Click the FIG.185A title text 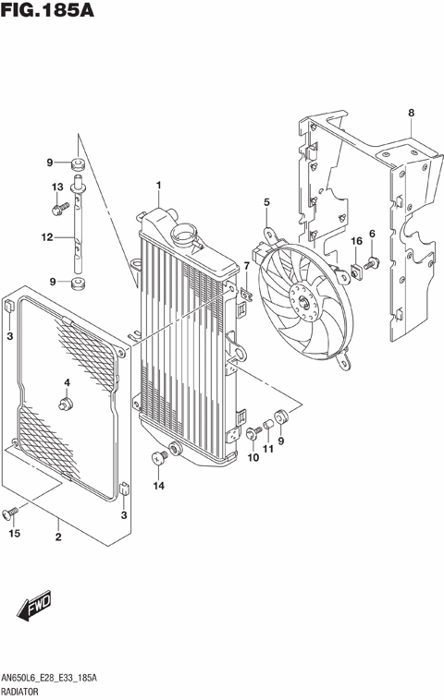(x=49, y=14)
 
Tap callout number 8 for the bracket (x=411, y=114)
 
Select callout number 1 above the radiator (x=158, y=186)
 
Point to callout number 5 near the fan (x=266, y=201)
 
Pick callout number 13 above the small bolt (x=57, y=187)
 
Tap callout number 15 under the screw (x=14, y=533)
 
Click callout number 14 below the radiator (x=158, y=485)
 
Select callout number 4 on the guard (x=67, y=382)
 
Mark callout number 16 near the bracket (x=355, y=242)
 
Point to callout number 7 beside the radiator (x=247, y=266)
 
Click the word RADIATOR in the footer (x=28, y=690)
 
